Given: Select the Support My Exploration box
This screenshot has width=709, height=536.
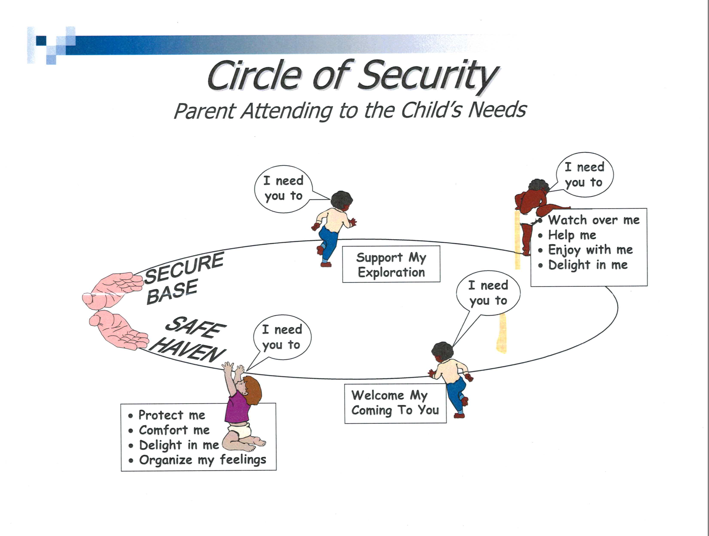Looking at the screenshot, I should pos(391,264).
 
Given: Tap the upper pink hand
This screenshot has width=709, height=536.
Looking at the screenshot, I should pos(112,290).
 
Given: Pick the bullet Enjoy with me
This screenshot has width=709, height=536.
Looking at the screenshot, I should pos(590,250).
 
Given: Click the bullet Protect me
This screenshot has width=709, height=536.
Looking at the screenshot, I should pos(172,415).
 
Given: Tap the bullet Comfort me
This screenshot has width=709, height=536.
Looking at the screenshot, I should pos(174,430).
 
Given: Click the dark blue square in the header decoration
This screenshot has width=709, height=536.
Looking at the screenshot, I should pos(41,41).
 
